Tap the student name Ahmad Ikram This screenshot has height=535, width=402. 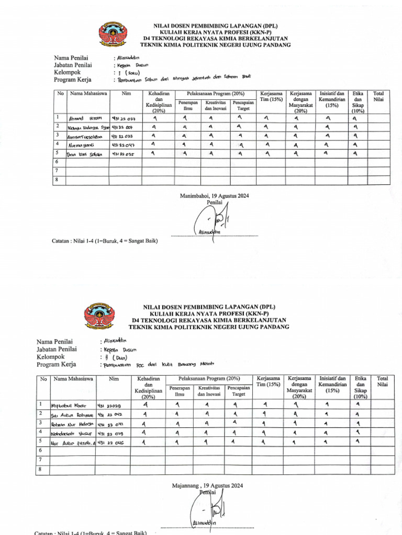pyautogui.click(x=84, y=118)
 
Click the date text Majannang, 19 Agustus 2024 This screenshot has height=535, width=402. pyautogui.click(x=208, y=485)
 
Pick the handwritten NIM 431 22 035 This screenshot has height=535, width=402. pyautogui.click(x=123, y=155)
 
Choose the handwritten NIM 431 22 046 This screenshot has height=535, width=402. pyautogui.click(x=111, y=443)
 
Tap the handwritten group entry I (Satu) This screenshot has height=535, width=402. pyautogui.click(x=127, y=73)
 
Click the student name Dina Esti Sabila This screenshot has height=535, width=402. pyautogui.click(x=84, y=155)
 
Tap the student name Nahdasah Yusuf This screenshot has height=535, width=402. pyautogui.click(x=69, y=433)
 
